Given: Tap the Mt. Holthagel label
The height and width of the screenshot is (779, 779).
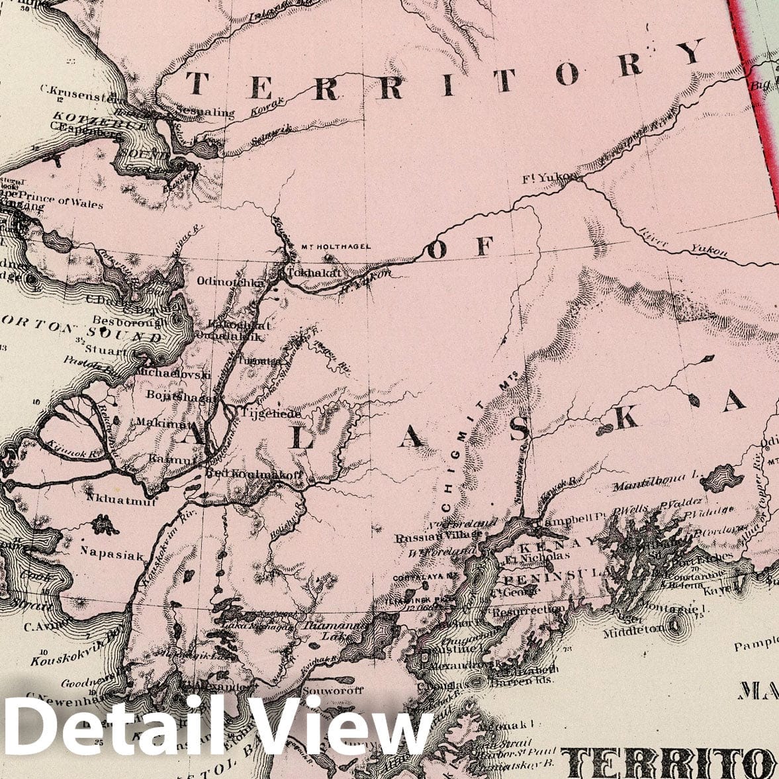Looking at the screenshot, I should coord(336,247).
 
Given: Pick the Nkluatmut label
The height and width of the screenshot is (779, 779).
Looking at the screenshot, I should coord(121,502).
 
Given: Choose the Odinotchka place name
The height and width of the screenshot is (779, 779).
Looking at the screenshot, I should coord(231,281).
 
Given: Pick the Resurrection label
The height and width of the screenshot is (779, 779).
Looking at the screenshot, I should coord(529,609).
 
